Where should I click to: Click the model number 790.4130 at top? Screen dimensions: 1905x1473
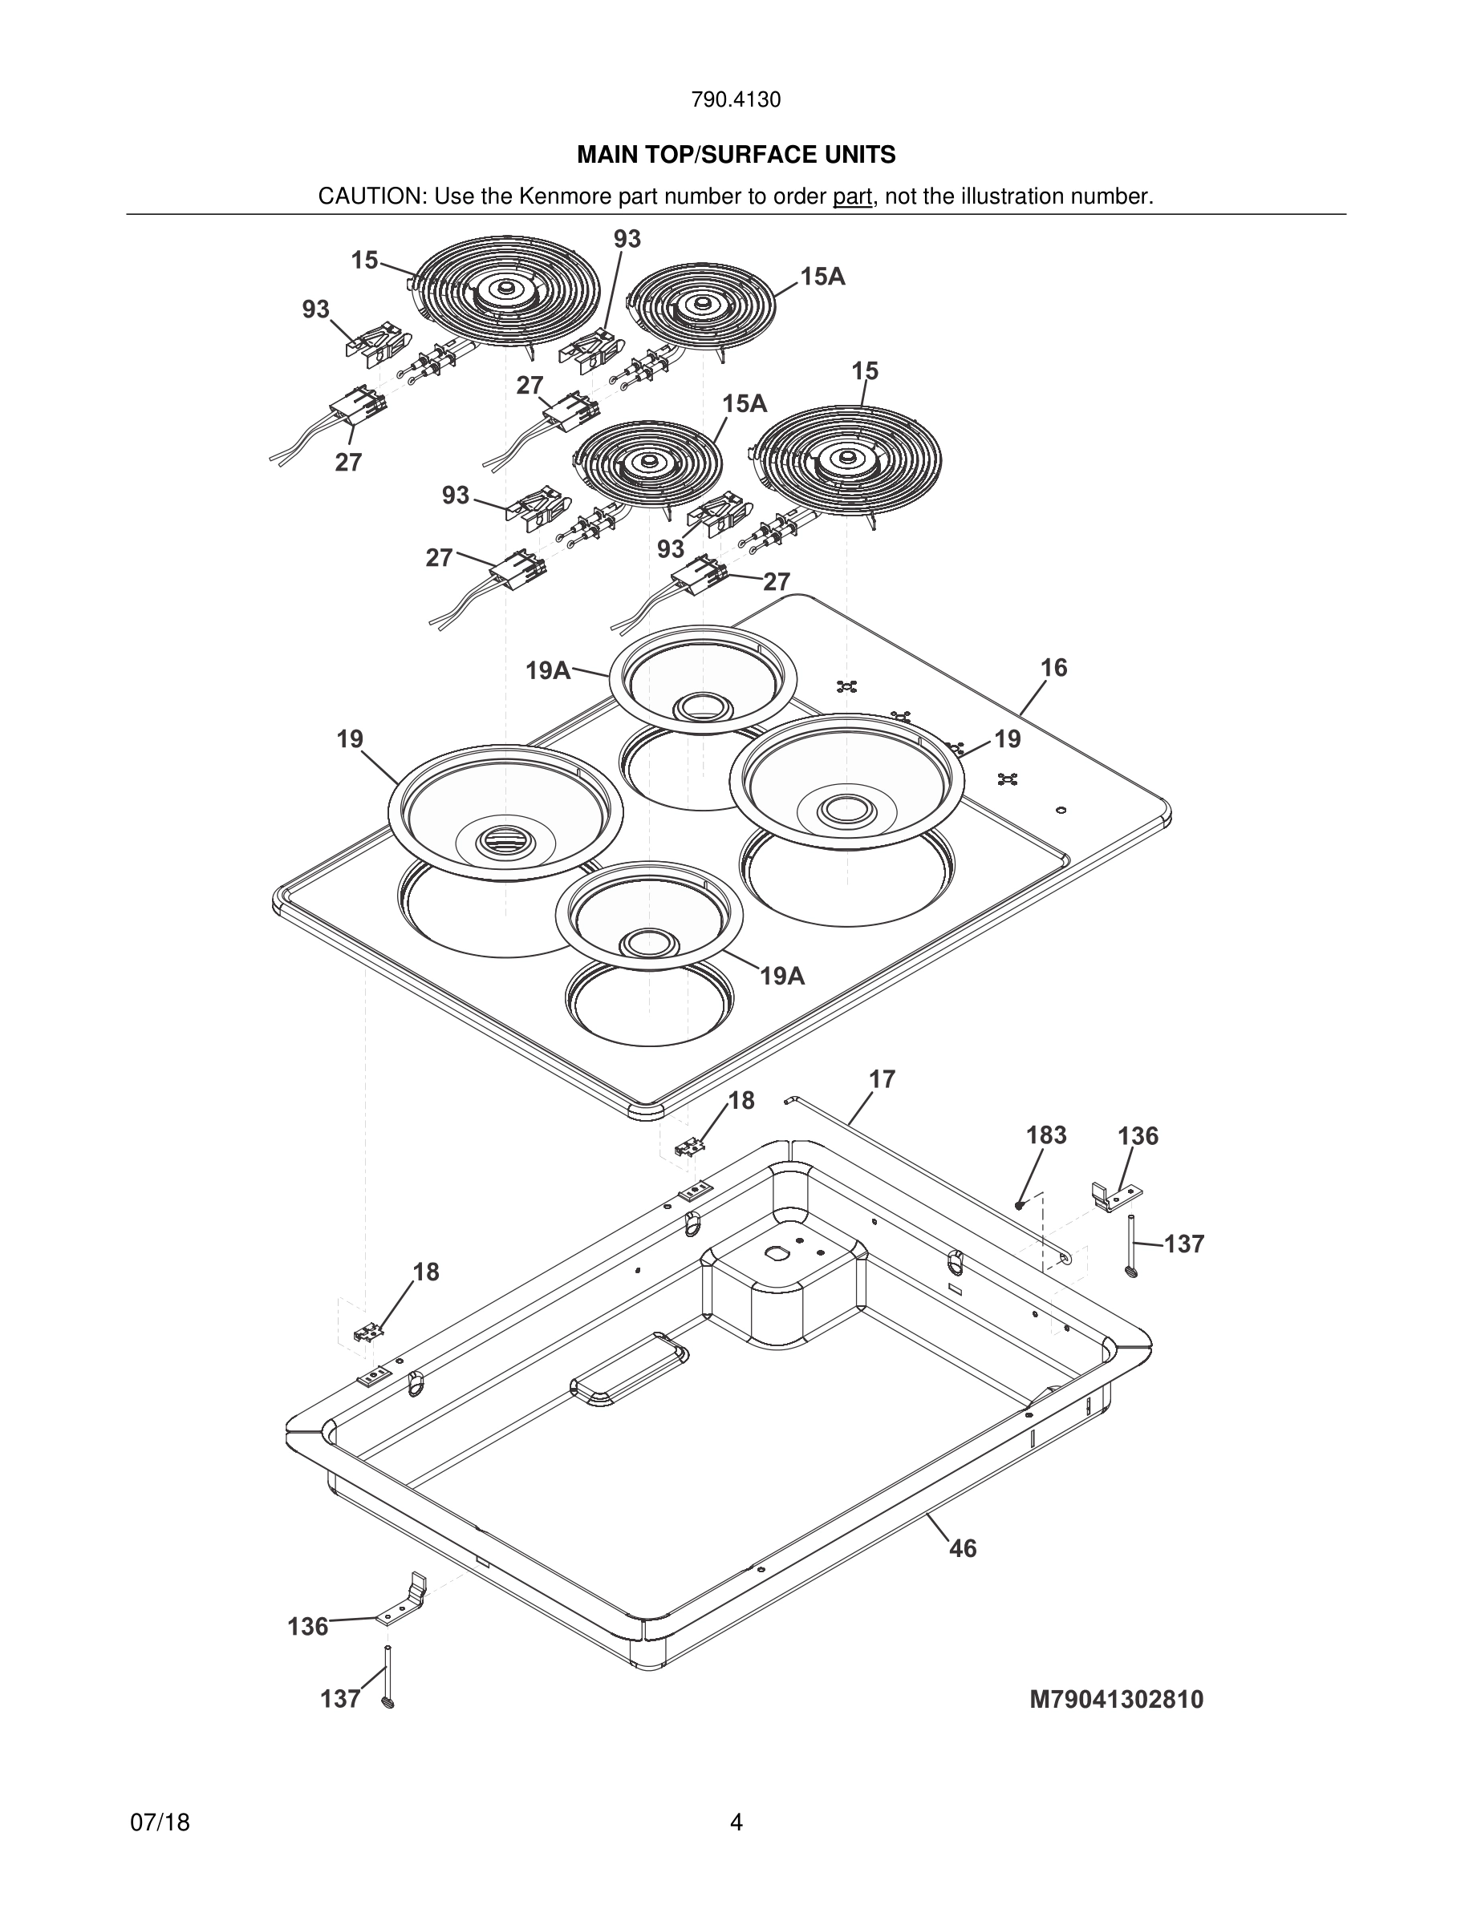point(736,99)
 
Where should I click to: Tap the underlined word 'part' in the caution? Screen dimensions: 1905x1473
point(852,196)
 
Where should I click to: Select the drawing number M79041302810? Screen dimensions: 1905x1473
point(1116,1699)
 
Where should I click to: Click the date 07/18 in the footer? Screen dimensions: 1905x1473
point(160,1822)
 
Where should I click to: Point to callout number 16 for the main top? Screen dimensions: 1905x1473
point(1053,667)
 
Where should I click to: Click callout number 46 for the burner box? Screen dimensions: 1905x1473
point(963,1548)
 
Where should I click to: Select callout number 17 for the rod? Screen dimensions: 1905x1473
point(882,1079)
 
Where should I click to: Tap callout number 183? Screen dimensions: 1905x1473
point(1045,1135)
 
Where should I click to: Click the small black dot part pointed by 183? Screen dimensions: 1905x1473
point(1018,1204)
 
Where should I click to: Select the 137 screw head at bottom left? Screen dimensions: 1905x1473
point(388,1701)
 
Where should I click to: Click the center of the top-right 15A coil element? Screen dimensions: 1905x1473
point(700,305)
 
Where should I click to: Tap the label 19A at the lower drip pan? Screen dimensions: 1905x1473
point(782,975)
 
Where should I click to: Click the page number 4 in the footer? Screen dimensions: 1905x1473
point(736,1822)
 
